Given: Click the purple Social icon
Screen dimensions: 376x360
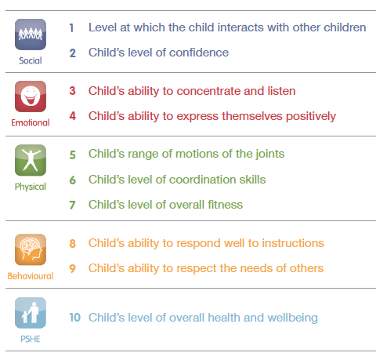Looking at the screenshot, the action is (x=31, y=35).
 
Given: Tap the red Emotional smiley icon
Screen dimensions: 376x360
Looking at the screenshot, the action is (x=31, y=96).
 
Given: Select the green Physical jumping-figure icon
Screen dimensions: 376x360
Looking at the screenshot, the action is (x=31, y=160).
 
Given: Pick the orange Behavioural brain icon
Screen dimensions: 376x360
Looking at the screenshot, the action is (x=31, y=249).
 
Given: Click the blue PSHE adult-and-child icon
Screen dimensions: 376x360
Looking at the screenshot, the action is (x=31, y=313).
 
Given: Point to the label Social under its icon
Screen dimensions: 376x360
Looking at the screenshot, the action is (x=31, y=60).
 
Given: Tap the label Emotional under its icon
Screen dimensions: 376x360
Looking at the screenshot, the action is (x=31, y=122).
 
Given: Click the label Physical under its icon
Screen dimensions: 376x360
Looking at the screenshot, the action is (x=31, y=187).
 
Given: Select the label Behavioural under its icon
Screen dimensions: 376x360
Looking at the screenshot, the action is (x=31, y=276).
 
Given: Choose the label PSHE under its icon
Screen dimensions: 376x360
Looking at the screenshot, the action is (x=31, y=339).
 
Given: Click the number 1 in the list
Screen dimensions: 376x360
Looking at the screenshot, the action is (x=71, y=28).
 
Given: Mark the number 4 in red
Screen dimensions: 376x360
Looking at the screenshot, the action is (x=73, y=116).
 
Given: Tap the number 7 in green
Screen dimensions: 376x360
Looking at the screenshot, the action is (x=72, y=205).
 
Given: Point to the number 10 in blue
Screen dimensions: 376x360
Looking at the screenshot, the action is (x=75, y=318).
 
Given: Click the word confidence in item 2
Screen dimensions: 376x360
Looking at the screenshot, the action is (x=199, y=53).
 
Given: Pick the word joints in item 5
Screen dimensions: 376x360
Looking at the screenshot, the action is (x=270, y=154).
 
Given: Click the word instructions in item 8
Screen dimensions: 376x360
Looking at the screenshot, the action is (x=293, y=243).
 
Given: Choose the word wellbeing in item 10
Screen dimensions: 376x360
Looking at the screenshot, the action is (x=293, y=318).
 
